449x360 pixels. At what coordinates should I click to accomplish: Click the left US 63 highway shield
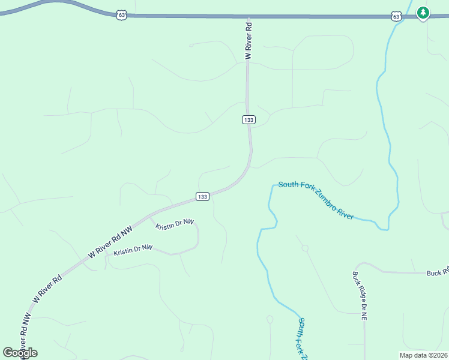(122, 15)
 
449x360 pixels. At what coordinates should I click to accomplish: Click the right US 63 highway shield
(396, 16)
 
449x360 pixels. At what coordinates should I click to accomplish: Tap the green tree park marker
(423, 13)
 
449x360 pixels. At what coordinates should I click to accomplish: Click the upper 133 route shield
(249, 120)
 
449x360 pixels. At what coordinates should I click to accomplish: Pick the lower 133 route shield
(202, 196)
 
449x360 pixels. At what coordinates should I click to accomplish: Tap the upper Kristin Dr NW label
(175, 224)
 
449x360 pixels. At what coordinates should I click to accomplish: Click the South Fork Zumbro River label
(316, 200)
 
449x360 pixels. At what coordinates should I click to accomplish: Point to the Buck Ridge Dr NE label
(359, 296)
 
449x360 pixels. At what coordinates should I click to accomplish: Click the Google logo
(20, 353)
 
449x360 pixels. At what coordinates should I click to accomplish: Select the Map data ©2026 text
(423, 355)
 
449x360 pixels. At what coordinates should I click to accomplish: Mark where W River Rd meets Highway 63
(248, 16)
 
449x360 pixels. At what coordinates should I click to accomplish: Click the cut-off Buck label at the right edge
(438, 272)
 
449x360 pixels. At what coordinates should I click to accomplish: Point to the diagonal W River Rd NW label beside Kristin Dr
(110, 242)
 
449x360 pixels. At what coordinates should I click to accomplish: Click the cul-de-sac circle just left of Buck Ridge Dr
(305, 248)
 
